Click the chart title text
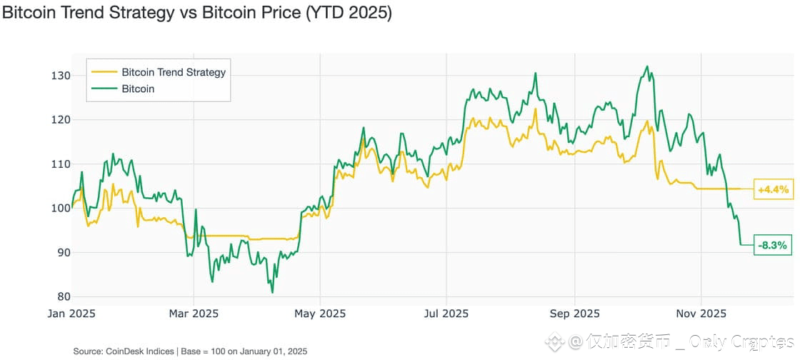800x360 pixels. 196,14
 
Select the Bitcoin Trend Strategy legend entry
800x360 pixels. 173,72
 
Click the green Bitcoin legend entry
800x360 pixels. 138,89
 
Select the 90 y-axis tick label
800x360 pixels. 61,253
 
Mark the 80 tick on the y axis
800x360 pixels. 61,297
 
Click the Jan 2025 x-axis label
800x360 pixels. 71,314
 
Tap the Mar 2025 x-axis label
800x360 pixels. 194,314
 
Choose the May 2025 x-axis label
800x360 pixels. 320,314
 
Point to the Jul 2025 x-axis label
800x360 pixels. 446,314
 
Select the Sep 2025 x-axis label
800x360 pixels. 574,314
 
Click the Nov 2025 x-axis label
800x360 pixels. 701,314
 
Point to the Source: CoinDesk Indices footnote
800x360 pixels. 190,351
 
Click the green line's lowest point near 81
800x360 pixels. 272,292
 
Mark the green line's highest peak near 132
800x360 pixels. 646,66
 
